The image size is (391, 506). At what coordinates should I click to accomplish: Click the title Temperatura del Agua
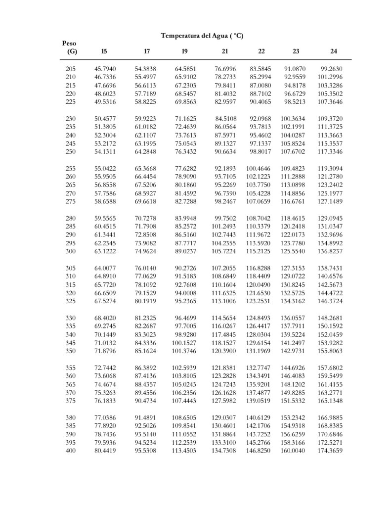[x=202, y=36]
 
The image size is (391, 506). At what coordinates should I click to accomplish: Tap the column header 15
[x=104, y=51]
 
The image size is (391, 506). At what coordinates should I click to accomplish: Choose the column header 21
[x=225, y=51]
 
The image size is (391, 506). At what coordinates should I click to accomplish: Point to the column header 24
[x=334, y=51]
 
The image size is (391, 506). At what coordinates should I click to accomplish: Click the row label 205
[x=71, y=69]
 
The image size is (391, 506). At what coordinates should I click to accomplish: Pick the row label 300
[x=71, y=251]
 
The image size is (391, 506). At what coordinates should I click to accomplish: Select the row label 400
[x=71, y=451]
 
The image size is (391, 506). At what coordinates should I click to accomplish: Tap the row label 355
[x=71, y=368]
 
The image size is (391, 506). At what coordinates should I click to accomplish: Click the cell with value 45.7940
[x=105, y=69]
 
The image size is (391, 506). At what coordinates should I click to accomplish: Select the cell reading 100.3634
[x=293, y=119]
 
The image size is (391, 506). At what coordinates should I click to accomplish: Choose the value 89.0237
[x=185, y=251]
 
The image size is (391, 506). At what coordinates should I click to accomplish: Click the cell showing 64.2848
[x=145, y=152]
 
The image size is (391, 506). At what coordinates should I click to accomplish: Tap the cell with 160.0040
[x=293, y=451]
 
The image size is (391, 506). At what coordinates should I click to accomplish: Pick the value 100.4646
[x=258, y=169]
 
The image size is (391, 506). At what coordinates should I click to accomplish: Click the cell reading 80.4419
[x=105, y=451]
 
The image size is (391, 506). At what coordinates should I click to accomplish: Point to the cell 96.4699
[x=185, y=318]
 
